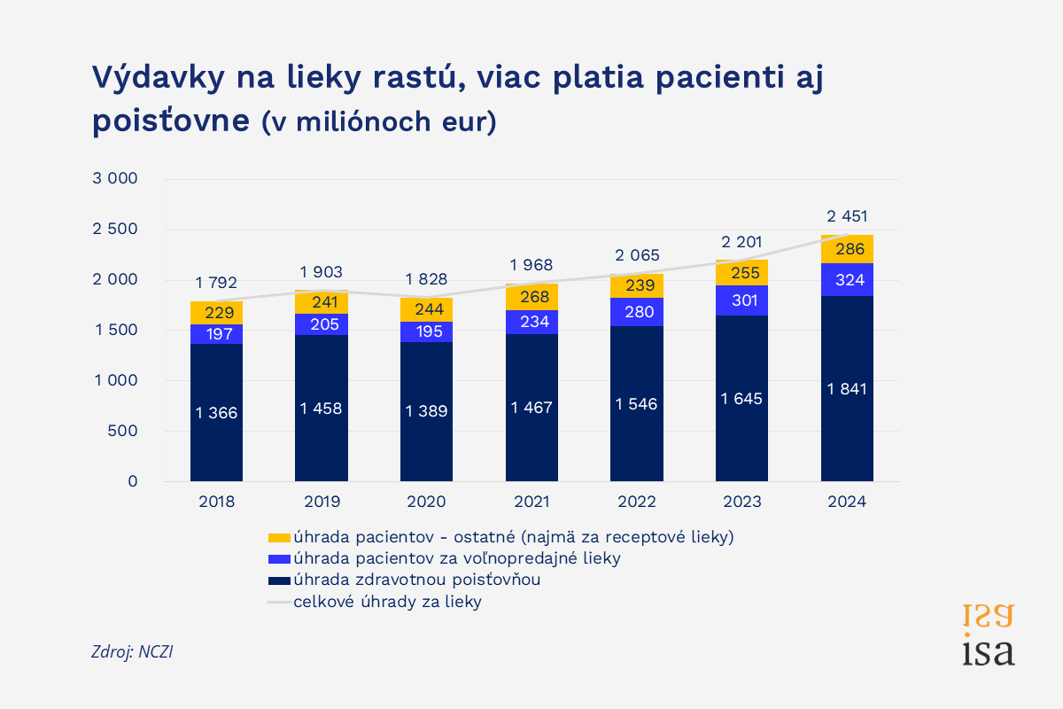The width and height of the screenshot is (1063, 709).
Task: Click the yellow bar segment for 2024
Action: coord(847,249)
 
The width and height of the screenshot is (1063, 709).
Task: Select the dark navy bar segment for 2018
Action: coord(216,412)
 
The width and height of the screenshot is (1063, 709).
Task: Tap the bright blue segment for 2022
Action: coord(637,312)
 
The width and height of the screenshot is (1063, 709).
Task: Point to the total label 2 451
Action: coord(847,215)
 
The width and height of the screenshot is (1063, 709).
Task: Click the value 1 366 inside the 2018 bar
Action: coord(216,412)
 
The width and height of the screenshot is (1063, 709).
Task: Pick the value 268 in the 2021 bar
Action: coord(531,296)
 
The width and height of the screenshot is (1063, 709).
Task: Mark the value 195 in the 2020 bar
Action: coord(426,331)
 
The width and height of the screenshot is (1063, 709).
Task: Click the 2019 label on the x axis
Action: coord(322,503)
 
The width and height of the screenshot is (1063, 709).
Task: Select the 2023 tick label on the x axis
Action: coord(741,503)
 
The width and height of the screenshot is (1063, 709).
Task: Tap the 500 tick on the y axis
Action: coord(123,431)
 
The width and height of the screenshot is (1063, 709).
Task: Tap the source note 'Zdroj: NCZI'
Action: coord(132,651)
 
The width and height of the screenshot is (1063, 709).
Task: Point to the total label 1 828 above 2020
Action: coord(426,279)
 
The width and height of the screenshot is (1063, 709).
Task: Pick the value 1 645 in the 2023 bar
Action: coord(741,399)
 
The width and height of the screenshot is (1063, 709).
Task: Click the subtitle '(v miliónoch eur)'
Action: coord(380,122)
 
